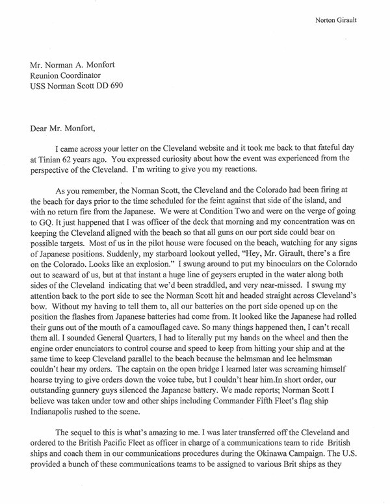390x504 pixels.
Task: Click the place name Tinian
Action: (x=49, y=158)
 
